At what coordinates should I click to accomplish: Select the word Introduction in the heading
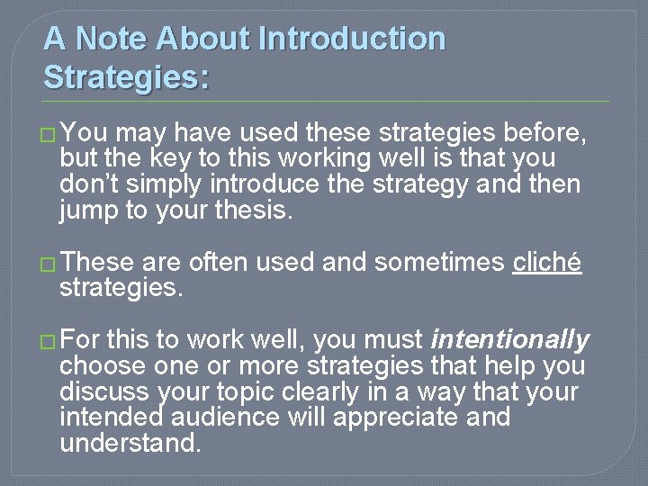pos(352,39)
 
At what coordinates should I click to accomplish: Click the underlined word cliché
pos(547,262)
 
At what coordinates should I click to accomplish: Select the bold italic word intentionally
pos(510,339)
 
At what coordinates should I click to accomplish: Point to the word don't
pos(88,185)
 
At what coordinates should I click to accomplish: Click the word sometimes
pos(439,262)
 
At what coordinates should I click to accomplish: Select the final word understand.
pos(130,443)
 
